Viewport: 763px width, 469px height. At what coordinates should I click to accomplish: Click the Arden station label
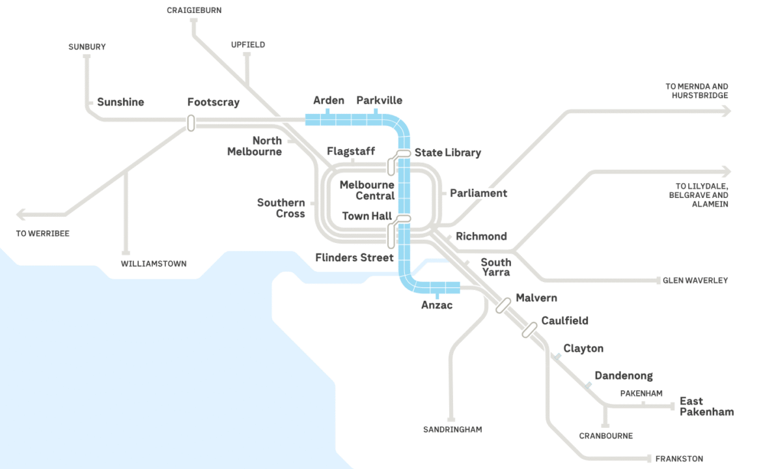tap(328, 100)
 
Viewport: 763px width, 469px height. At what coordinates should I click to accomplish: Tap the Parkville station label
tap(379, 100)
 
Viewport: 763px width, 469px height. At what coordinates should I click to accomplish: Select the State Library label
tap(447, 152)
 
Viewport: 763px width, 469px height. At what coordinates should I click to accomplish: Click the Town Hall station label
tap(367, 216)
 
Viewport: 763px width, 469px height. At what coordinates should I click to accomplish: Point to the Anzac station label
tap(436, 305)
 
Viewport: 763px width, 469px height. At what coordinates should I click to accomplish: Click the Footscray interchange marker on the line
tap(191, 122)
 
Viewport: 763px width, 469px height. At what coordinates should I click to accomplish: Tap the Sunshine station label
tap(120, 102)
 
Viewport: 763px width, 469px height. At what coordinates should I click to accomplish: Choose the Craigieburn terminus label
tap(193, 10)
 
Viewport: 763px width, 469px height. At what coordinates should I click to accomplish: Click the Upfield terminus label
tap(248, 45)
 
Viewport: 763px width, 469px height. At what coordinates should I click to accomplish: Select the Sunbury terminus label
tap(87, 47)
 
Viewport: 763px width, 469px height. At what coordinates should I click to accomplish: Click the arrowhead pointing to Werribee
tap(21, 214)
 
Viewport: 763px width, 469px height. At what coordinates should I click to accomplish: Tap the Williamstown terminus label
tap(154, 264)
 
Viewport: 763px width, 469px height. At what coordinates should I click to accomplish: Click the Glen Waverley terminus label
tap(695, 281)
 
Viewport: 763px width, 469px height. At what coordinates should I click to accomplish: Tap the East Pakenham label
tap(706, 406)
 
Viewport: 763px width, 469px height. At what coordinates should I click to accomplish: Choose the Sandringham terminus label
tap(452, 429)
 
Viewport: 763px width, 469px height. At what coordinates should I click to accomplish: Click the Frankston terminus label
tap(679, 459)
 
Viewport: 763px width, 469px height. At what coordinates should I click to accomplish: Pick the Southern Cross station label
tap(281, 208)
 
